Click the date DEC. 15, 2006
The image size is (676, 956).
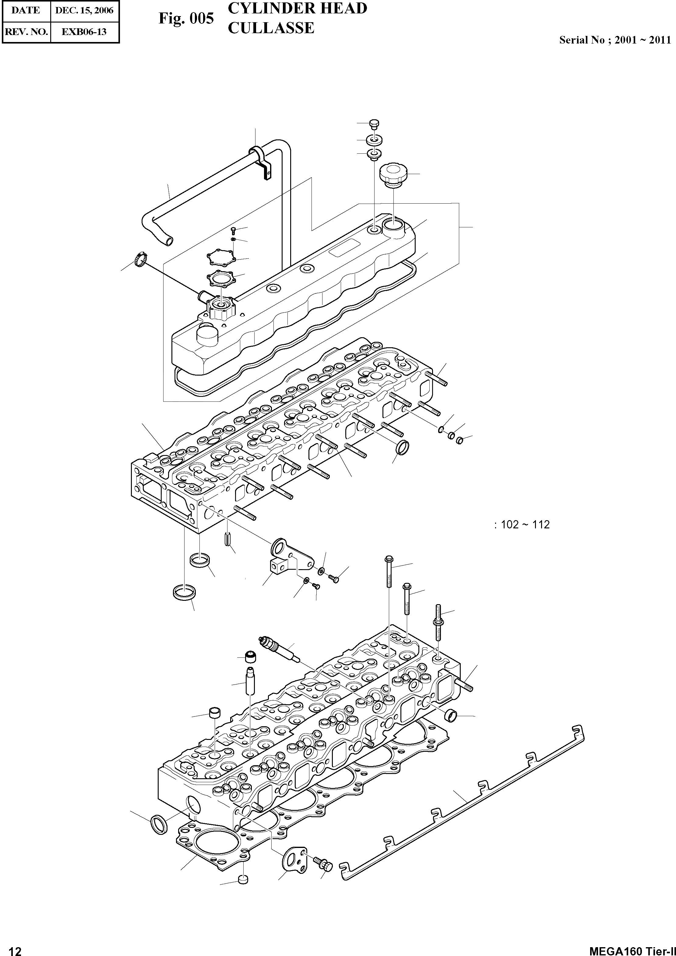(84, 10)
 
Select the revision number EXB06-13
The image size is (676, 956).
(84, 32)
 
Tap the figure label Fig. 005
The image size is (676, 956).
(186, 19)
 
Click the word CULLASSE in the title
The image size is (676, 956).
(271, 28)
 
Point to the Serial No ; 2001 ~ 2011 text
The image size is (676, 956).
(615, 40)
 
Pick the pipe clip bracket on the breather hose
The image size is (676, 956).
(262, 163)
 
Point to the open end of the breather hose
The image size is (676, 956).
(168, 240)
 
